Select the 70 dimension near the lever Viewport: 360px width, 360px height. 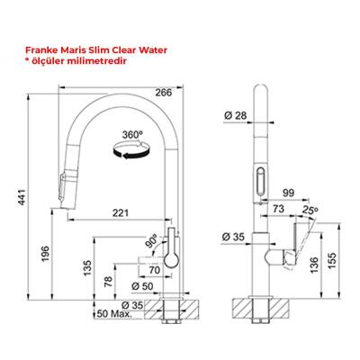click(x=154, y=269)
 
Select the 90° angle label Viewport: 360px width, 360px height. click(x=152, y=241)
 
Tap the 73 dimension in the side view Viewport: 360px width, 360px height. click(x=280, y=210)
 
